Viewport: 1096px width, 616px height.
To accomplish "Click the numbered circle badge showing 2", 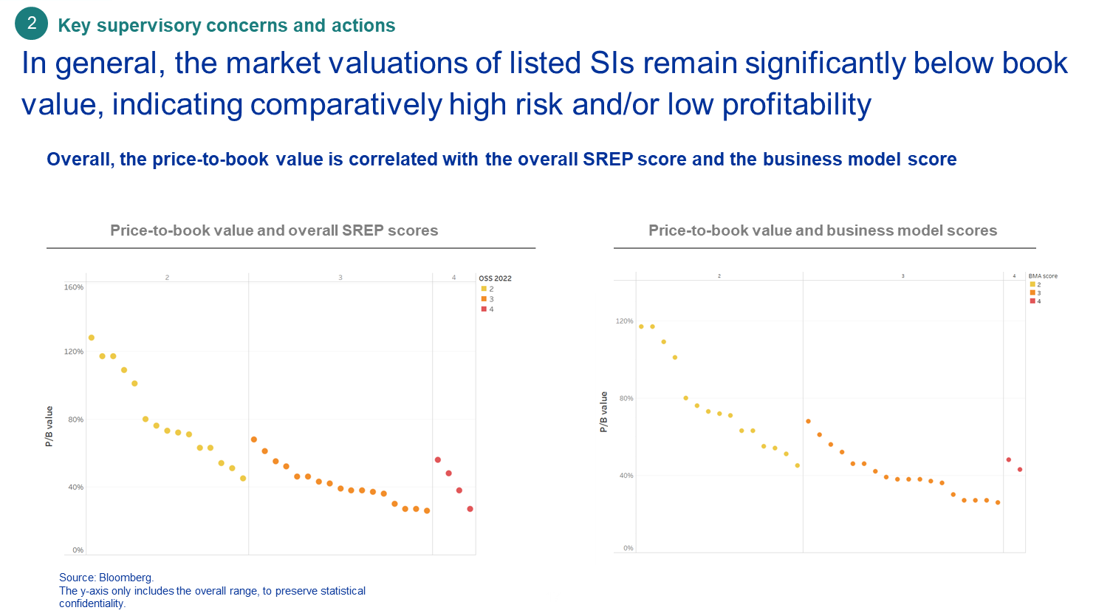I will click(x=32, y=24).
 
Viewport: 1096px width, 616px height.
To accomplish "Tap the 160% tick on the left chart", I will click(x=75, y=287).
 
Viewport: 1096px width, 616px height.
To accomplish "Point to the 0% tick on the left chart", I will click(x=78, y=550).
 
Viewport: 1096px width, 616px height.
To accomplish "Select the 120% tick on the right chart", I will click(x=624, y=321).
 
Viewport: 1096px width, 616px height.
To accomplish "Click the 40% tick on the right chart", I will click(x=626, y=476).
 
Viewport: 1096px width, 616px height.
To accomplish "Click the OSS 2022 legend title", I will click(x=495, y=278).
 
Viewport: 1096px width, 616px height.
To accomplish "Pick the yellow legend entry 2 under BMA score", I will click(x=1035, y=284).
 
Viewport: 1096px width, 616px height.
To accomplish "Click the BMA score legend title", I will click(x=1043, y=276).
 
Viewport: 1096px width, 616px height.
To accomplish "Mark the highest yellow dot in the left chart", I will click(x=92, y=338).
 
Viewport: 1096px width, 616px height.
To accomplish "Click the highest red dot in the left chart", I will click(x=438, y=459).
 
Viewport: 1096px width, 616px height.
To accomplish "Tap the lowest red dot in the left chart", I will click(x=470, y=509).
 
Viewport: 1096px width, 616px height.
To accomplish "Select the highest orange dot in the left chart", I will click(x=254, y=439).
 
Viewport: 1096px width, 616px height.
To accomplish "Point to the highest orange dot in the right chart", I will click(x=809, y=421).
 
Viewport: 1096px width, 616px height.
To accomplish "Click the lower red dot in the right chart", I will click(x=1020, y=470).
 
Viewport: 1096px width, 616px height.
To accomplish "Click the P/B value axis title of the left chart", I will click(x=49, y=427).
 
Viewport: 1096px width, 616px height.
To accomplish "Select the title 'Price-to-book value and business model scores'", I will click(x=823, y=230).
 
